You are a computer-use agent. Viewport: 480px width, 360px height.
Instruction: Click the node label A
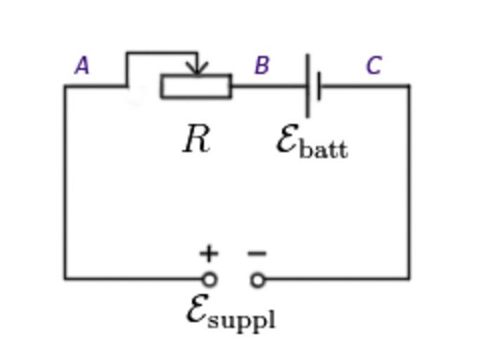point(82,66)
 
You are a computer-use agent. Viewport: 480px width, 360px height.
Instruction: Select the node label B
point(261,65)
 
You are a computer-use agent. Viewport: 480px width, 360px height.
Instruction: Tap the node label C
point(373,65)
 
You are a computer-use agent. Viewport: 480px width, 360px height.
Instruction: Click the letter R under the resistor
point(196,139)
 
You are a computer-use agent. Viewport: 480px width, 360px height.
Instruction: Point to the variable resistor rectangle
point(196,86)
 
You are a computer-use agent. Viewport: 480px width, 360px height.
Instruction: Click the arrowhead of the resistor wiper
point(198,69)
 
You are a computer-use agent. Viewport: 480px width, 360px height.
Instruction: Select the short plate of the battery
point(319,86)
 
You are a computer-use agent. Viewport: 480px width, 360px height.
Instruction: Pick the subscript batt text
point(323,150)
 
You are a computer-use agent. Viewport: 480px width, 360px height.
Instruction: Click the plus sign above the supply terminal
point(209,253)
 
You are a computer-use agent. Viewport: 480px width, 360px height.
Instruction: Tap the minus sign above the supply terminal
point(257,253)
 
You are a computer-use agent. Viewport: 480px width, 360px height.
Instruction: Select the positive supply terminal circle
point(209,280)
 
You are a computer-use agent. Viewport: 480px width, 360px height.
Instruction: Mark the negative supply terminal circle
point(258,280)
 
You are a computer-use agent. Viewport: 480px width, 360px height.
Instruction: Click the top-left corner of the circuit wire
point(65,86)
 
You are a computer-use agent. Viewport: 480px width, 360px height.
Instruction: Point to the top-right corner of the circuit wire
point(409,86)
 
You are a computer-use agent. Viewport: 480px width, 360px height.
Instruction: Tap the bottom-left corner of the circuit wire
point(65,279)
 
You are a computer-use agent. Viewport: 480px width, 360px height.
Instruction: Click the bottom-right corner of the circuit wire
point(409,279)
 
